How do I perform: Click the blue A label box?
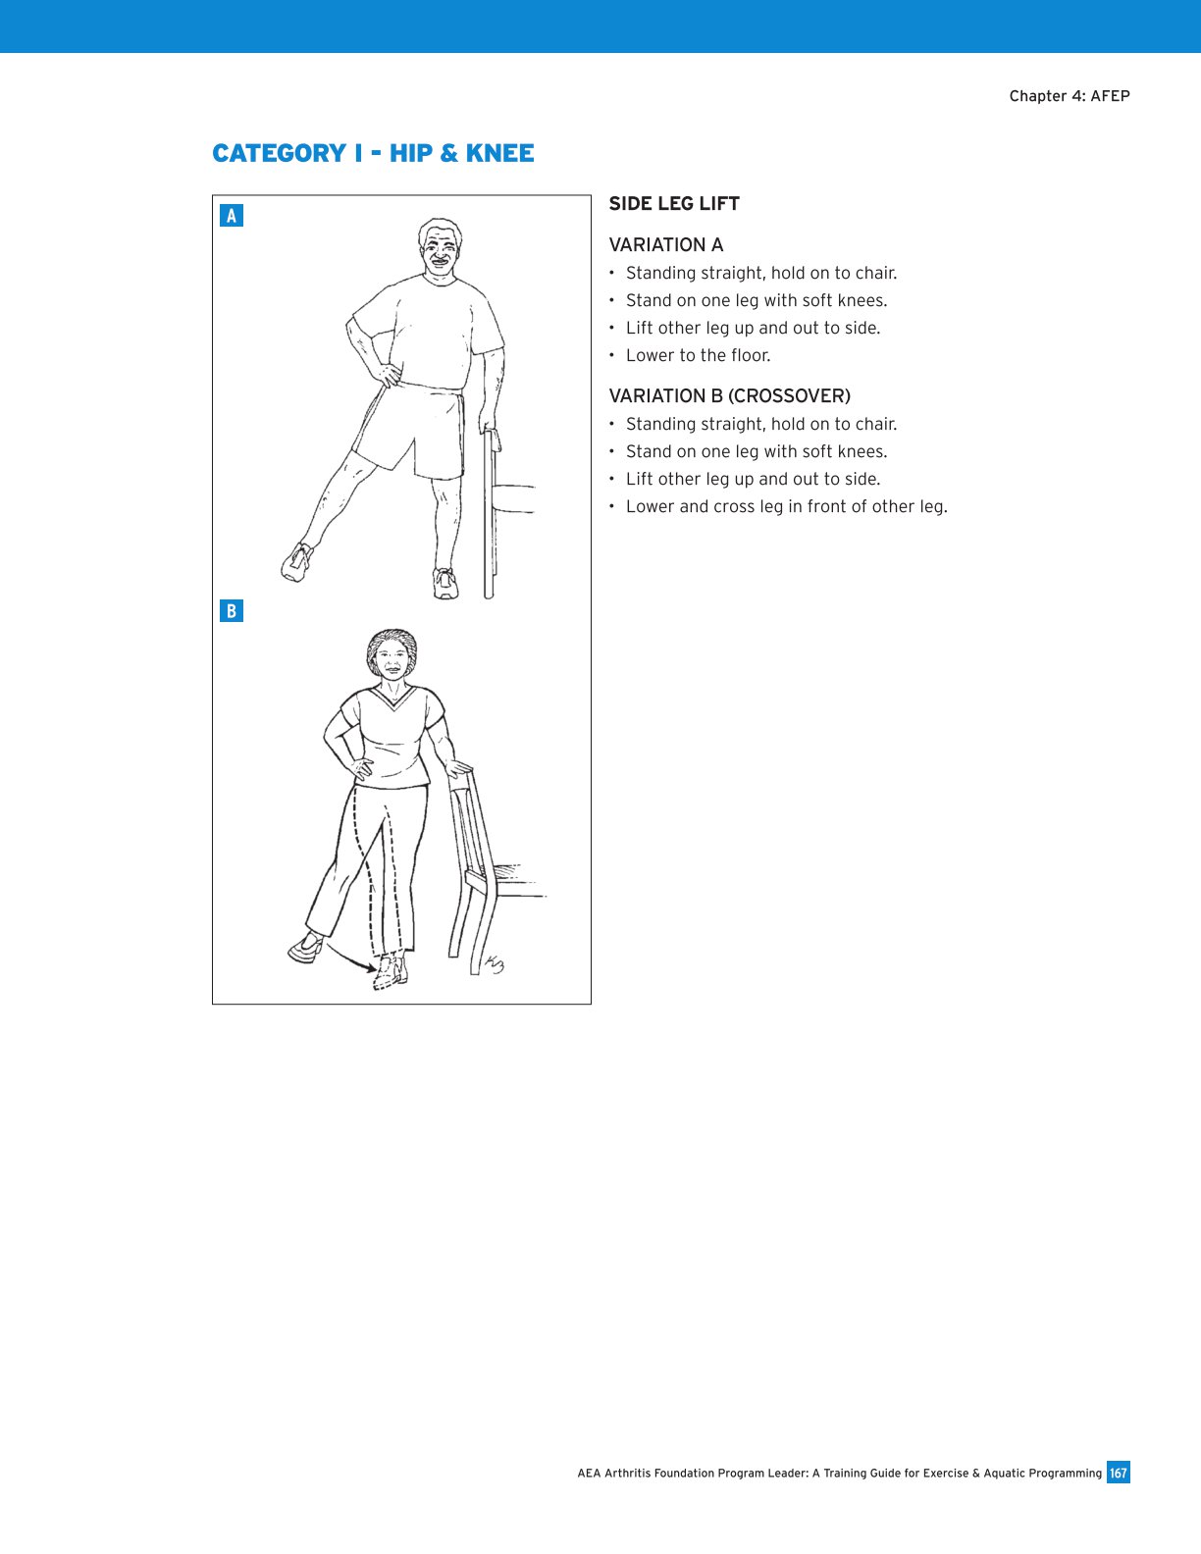coord(232,216)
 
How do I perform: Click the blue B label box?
coord(232,611)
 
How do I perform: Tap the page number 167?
coord(1118,1473)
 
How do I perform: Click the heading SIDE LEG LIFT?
coord(674,204)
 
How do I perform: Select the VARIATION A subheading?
coord(666,245)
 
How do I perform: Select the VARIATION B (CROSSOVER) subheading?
coord(729,396)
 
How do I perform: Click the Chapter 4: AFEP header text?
coord(1069,96)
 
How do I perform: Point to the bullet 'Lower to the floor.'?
coord(698,355)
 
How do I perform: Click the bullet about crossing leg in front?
coord(786,506)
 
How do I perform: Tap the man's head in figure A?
coord(440,250)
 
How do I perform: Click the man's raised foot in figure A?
coord(297,562)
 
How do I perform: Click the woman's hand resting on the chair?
coord(456,768)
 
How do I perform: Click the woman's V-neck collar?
coord(392,701)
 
